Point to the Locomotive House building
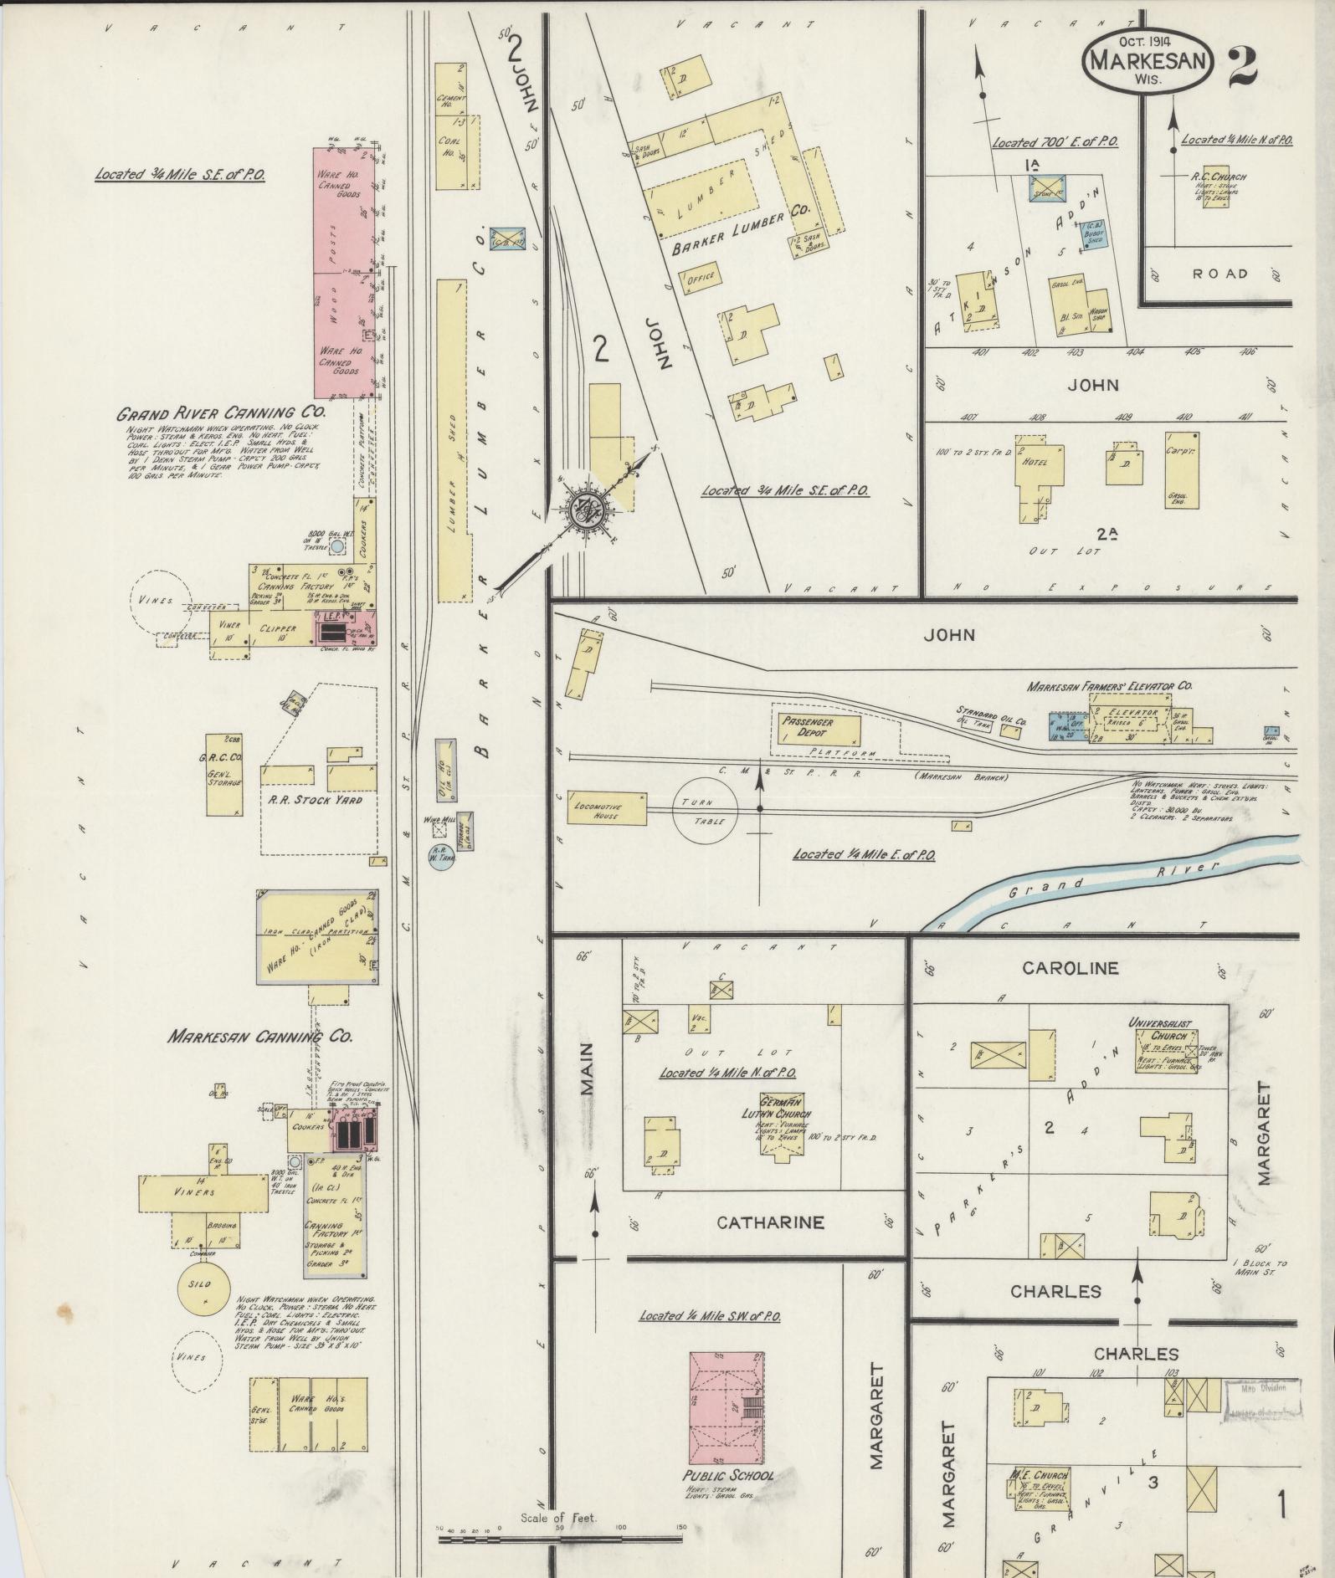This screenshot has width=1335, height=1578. (607, 809)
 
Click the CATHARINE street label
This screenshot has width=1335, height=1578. (770, 1223)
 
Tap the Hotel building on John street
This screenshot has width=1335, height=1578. (1035, 463)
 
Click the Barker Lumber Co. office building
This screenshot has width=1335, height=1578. (699, 279)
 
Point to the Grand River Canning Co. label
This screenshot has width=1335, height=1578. (220, 412)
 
